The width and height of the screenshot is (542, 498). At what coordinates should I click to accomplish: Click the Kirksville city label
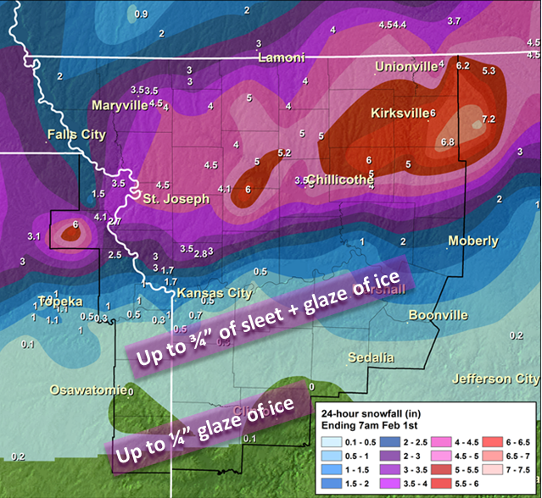pyautogui.click(x=399, y=113)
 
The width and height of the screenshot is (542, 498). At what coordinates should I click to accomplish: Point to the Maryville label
pyautogui.click(x=120, y=106)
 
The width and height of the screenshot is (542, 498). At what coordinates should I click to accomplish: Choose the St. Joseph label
pyautogui.click(x=175, y=199)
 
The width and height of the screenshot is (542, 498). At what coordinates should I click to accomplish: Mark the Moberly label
pyautogui.click(x=473, y=241)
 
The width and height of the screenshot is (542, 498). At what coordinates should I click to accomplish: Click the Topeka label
pyautogui.click(x=60, y=302)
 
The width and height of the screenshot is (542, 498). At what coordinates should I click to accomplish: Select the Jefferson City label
pyautogui.click(x=495, y=379)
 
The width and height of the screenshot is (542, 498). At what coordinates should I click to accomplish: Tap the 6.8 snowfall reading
pyautogui.click(x=448, y=141)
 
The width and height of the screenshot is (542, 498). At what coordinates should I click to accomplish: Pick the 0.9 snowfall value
pyautogui.click(x=141, y=14)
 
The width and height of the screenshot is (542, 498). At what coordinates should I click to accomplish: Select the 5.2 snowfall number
pyautogui.click(x=284, y=152)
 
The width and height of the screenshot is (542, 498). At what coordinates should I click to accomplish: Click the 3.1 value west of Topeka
pyautogui.click(x=34, y=235)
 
